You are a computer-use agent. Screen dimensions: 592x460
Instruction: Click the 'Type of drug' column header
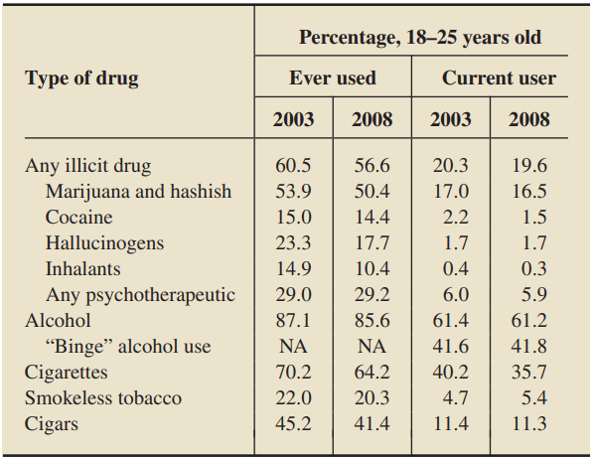click(81, 78)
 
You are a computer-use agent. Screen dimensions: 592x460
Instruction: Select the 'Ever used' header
click(333, 77)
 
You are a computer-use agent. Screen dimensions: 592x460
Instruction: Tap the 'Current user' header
click(499, 77)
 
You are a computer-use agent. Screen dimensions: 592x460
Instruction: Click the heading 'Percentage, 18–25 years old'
click(420, 38)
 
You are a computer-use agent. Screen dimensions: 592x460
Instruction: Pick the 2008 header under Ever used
click(371, 119)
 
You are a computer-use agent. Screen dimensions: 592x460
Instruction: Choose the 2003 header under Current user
click(450, 119)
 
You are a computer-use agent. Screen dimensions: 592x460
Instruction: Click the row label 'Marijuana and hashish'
click(138, 191)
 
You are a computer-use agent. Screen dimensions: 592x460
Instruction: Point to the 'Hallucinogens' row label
click(105, 243)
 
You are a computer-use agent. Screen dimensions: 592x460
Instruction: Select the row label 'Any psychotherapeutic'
click(140, 295)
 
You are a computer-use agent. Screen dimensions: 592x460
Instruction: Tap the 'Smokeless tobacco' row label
click(103, 398)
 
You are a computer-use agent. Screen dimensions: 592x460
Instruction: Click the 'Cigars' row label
click(52, 424)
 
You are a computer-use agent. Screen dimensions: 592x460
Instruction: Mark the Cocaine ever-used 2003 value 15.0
click(294, 218)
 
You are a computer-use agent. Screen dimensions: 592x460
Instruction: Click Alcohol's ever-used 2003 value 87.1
click(293, 321)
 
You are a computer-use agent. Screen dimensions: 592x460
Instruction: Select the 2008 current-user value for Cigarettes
click(529, 373)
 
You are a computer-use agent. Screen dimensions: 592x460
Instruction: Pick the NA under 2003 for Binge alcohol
click(293, 347)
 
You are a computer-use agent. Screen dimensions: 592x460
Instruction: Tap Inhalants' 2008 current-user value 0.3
click(533, 269)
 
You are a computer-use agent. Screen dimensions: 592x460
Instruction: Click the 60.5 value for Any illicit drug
click(293, 165)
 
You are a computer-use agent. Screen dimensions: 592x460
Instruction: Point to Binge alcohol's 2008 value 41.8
click(529, 347)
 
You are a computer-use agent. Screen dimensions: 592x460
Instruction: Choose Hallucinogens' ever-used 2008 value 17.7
click(371, 242)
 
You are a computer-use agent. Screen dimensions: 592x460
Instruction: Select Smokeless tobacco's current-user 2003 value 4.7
click(455, 398)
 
